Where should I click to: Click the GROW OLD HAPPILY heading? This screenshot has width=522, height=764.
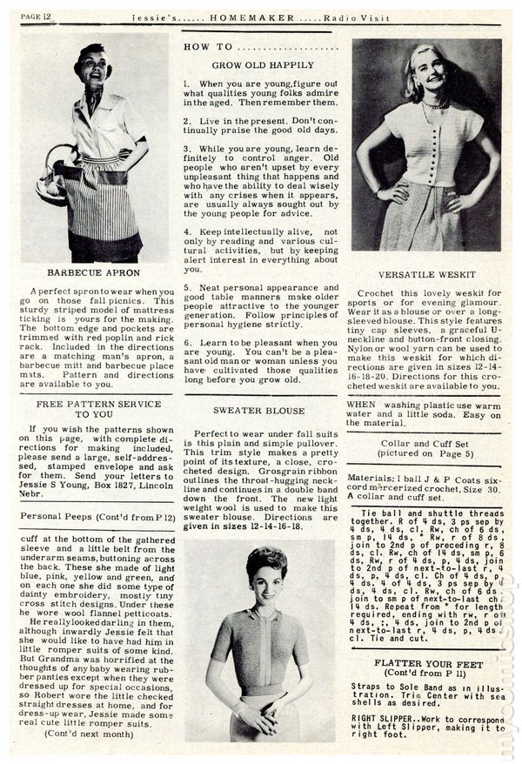(x=263, y=65)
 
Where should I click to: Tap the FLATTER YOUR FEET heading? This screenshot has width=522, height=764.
(x=426, y=662)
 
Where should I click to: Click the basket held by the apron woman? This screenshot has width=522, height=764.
(x=54, y=181)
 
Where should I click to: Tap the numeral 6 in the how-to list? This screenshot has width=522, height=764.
(x=187, y=342)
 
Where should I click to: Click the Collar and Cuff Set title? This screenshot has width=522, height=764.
(x=426, y=442)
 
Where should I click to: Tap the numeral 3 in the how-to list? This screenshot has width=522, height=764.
(x=187, y=149)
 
